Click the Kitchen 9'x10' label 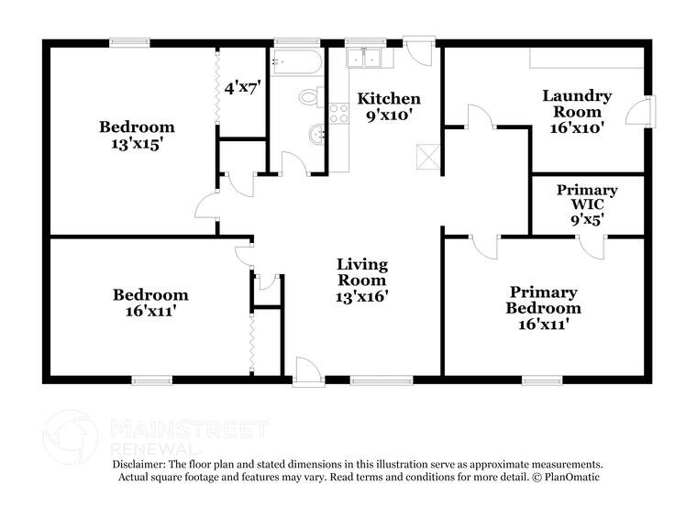(389, 106)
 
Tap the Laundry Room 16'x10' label (577, 111)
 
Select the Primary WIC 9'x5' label (587, 204)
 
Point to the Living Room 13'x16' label (362, 280)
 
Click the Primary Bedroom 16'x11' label (543, 307)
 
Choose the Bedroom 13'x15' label (137, 135)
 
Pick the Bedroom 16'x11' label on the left (150, 303)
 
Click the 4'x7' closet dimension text (243, 89)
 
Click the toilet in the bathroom (310, 96)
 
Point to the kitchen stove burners (338, 114)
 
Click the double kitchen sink (368, 58)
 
